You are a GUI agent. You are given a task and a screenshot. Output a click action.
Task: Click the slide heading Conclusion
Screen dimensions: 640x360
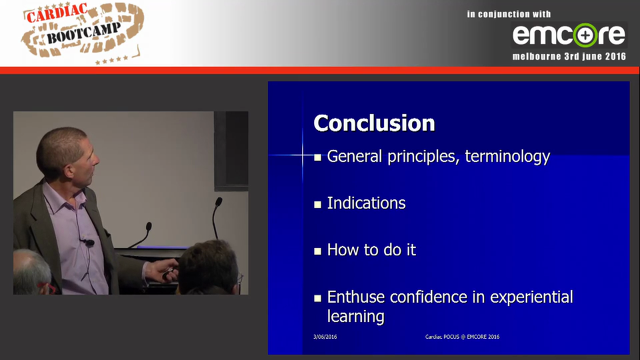pos(374,123)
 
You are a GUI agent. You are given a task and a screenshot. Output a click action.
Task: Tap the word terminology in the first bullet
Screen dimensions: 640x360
pos(507,156)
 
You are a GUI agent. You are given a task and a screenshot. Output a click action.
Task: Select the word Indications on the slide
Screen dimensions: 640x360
pos(366,203)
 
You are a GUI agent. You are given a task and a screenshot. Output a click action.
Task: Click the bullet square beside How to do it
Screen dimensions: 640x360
pos(317,251)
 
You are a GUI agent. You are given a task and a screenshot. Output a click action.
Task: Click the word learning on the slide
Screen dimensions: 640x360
pos(355,316)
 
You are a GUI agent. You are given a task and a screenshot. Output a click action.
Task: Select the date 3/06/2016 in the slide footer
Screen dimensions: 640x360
pos(325,337)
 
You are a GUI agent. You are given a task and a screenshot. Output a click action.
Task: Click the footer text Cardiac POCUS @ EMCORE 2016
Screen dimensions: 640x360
pos(462,337)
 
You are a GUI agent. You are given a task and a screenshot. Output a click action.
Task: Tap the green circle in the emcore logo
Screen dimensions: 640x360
pos(585,35)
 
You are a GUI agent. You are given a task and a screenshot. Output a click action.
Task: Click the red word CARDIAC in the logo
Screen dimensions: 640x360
pos(57,13)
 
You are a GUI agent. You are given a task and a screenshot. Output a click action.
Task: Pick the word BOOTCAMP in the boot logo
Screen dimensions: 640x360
pos(83,33)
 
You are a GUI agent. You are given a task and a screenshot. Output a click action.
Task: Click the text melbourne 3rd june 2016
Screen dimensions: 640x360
pos(569,56)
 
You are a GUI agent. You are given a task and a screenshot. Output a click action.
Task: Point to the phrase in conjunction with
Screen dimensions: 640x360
pos(509,14)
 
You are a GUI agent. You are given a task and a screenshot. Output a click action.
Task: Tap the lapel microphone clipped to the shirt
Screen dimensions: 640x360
pos(89,243)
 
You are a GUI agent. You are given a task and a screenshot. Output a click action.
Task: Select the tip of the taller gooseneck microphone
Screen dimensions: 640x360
pos(218,201)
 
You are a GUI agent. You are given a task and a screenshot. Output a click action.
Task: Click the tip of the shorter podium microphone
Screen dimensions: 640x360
pos(148,226)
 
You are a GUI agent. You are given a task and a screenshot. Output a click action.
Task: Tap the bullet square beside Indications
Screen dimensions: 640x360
pos(317,204)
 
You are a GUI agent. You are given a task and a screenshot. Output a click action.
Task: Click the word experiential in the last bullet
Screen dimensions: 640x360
pos(531,297)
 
